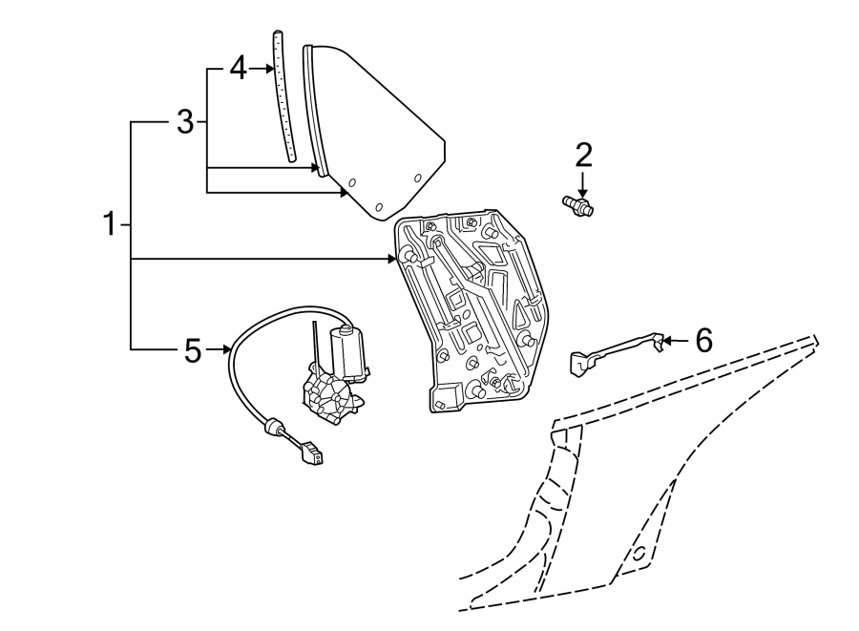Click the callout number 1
tap(110, 225)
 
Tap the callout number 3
tap(185, 121)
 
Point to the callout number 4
tap(238, 68)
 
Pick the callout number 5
tap(193, 351)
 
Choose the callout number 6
tap(703, 339)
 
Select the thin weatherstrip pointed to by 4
tap(284, 95)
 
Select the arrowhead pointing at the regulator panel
tap(391, 259)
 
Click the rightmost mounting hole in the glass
tap(418, 178)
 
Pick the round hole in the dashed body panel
tap(638, 554)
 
